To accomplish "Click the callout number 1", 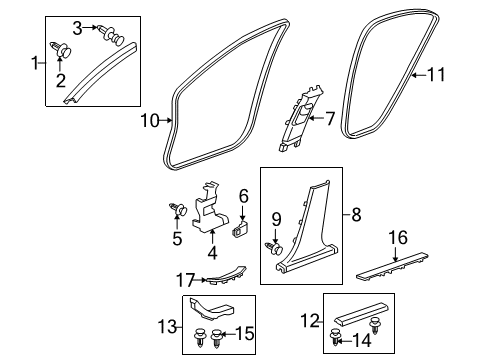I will pyautogui.click(x=35, y=64).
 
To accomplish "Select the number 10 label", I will pyautogui.click(x=149, y=122).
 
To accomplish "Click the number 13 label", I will pyautogui.click(x=165, y=326).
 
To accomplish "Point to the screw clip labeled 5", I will pyautogui.click(x=180, y=209).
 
